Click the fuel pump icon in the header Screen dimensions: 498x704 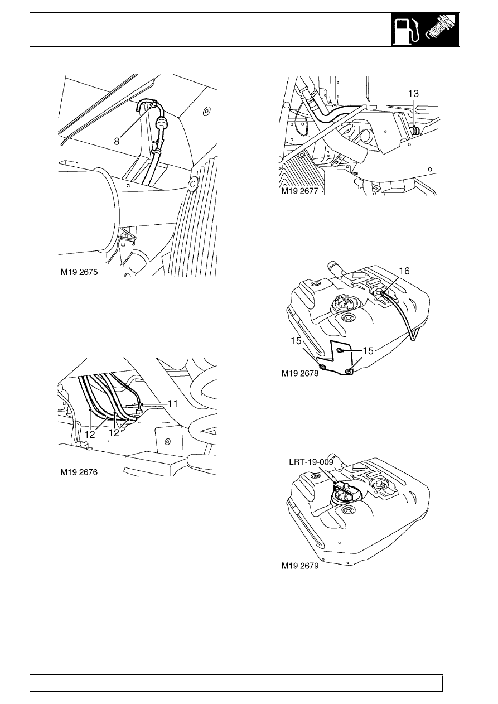point(407,31)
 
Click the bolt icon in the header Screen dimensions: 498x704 point(440,31)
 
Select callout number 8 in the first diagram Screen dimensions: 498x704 point(117,142)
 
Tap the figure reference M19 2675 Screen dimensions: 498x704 point(79,272)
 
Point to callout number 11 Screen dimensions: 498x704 point(173,403)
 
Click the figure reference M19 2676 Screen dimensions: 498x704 point(79,472)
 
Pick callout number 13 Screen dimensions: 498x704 point(413,94)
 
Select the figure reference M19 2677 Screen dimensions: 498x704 point(300,191)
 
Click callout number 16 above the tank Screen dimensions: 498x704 point(404,271)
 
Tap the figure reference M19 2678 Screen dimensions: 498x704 point(300,373)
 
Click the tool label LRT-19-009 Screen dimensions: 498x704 point(311,462)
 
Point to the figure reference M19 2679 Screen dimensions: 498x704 point(300,566)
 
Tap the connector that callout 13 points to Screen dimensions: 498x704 point(415,130)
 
